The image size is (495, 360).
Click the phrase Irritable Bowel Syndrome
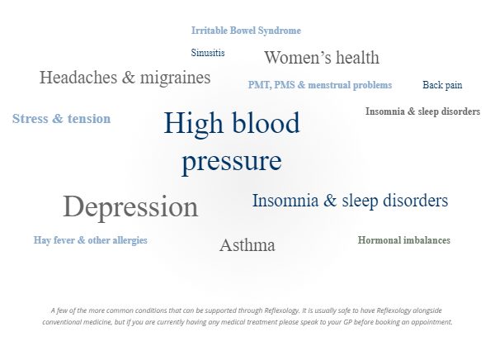[246, 31]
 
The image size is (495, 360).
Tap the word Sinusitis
[208, 53]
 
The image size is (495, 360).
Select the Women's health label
[322, 58]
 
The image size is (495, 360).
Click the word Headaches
[78, 78]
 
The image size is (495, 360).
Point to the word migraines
[175, 78]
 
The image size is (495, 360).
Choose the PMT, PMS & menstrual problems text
[320, 85]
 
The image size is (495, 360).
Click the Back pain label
[442, 85]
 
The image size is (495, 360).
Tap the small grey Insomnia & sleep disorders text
[422, 111]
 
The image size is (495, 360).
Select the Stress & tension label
[61, 119]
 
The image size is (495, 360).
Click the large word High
[193, 124]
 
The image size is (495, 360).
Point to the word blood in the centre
[266, 123]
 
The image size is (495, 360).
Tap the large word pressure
[232, 162]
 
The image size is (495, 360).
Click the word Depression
[130, 206]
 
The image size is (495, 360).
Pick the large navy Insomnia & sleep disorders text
[350, 201]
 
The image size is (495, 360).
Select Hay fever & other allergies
[90, 240]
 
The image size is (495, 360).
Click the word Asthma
[247, 245]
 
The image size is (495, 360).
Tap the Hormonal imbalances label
[404, 240]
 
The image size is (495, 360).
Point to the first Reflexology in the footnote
[281, 310]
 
